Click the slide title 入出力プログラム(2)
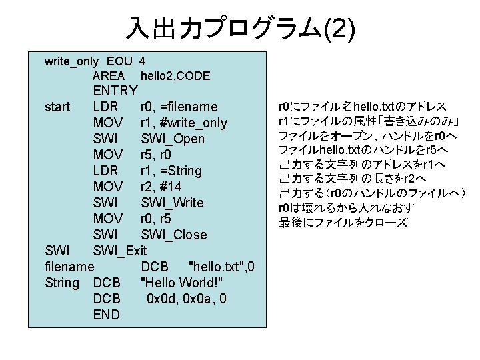pyautogui.click(x=240, y=28)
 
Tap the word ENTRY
pyautogui.click(x=115, y=91)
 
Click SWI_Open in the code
pyautogui.click(x=173, y=139)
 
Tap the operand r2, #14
pyautogui.click(x=161, y=187)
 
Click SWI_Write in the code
pyautogui.click(x=173, y=203)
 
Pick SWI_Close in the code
pyautogui.click(x=174, y=235)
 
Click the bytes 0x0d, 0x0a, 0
pyautogui.click(x=186, y=299)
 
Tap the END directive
pyautogui.click(x=107, y=315)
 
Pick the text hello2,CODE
pyautogui.click(x=175, y=76)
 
